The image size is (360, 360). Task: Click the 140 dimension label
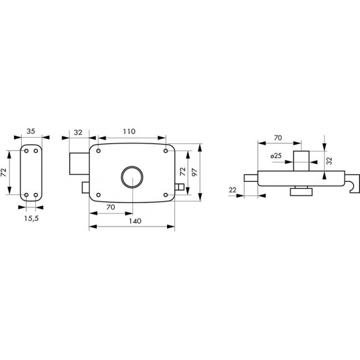pyautogui.click(x=135, y=221)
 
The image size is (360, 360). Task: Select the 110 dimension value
pyautogui.click(x=129, y=132)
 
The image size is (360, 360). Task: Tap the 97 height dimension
pyautogui.click(x=194, y=172)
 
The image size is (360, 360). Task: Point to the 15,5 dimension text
pyautogui.click(x=32, y=218)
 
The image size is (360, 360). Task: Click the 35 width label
pyautogui.click(x=31, y=132)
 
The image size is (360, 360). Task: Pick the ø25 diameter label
pyautogui.click(x=276, y=156)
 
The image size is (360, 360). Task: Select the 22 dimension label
pyautogui.click(x=233, y=190)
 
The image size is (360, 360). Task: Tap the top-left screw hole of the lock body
pyautogui.click(x=99, y=151)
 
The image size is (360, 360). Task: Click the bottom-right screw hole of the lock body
pyautogui.click(x=166, y=195)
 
